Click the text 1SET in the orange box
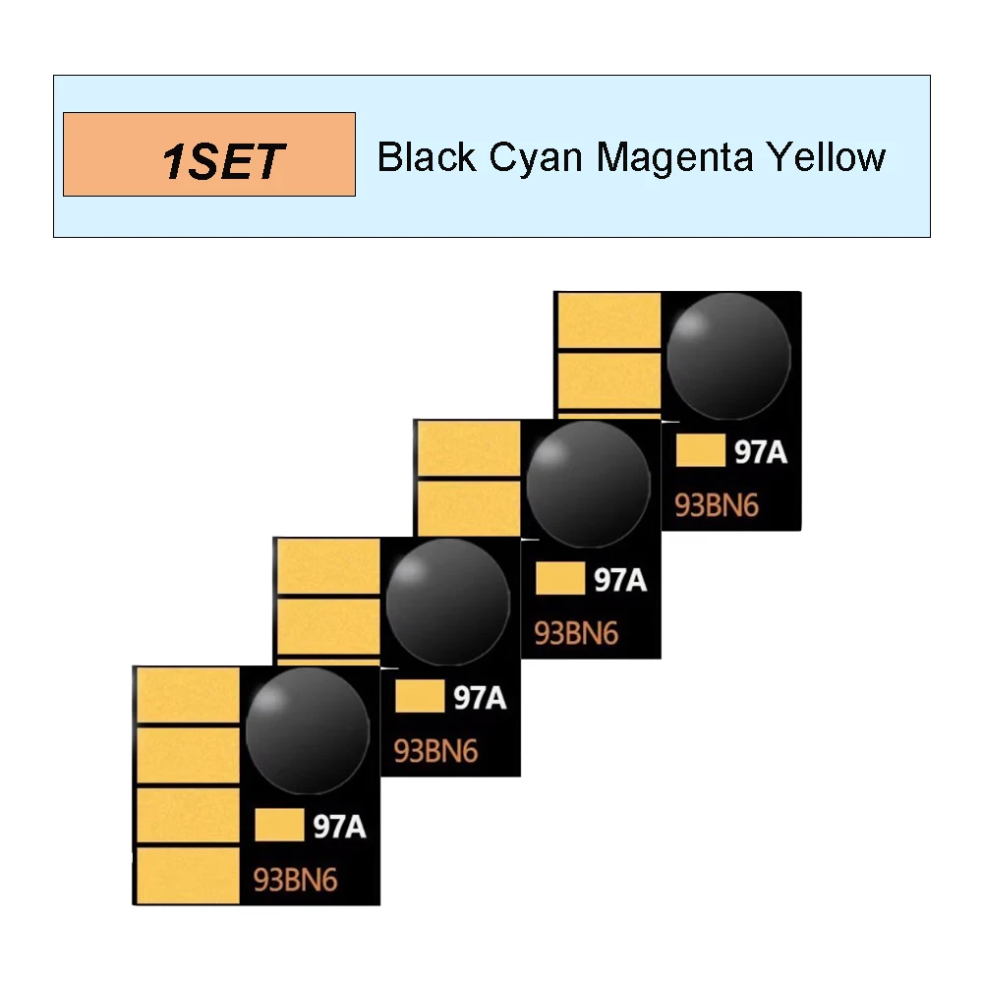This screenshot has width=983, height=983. (223, 160)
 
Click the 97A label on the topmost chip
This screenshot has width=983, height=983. (761, 453)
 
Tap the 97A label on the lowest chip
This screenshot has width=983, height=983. (339, 828)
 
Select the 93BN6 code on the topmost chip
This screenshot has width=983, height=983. (717, 506)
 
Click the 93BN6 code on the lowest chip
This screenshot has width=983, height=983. (296, 879)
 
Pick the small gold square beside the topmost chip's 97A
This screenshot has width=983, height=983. (701, 452)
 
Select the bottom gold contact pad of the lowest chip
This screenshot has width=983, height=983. (188, 875)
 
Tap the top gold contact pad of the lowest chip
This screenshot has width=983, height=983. (188, 694)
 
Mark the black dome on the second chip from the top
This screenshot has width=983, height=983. (588, 482)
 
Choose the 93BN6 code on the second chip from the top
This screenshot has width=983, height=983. (576, 633)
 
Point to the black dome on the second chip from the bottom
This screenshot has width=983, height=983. (448, 600)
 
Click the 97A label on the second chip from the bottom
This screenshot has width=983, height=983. (480, 699)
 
